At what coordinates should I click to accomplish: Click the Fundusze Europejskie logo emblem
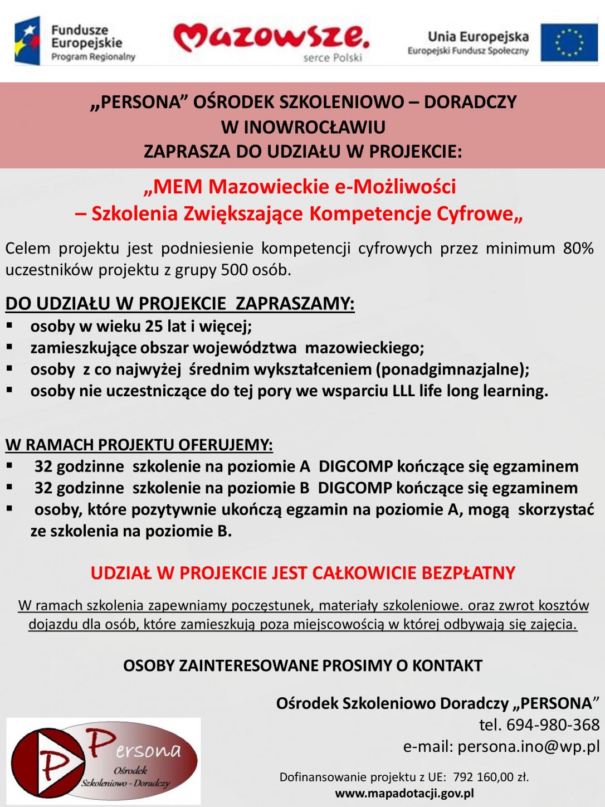click(x=28, y=41)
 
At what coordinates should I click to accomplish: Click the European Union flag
click(x=569, y=42)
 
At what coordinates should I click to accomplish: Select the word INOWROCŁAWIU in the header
click(x=315, y=127)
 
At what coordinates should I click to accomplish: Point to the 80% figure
click(x=578, y=248)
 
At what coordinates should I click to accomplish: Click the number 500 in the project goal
click(x=234, y=270)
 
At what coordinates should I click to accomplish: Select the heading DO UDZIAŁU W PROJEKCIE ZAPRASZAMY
click(x=179, y=304)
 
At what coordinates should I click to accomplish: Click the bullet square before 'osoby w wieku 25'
click(x=9, y=325)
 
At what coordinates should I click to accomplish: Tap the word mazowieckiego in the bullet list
click(x=364, y=348)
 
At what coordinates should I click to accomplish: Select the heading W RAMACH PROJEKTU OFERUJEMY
click(x=139, y=445)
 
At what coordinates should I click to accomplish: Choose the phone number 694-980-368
click(x=552, y=725)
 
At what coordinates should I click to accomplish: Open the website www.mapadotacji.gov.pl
click(x=404, y=793)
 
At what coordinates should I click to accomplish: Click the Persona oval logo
click(x=104, y=761)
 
